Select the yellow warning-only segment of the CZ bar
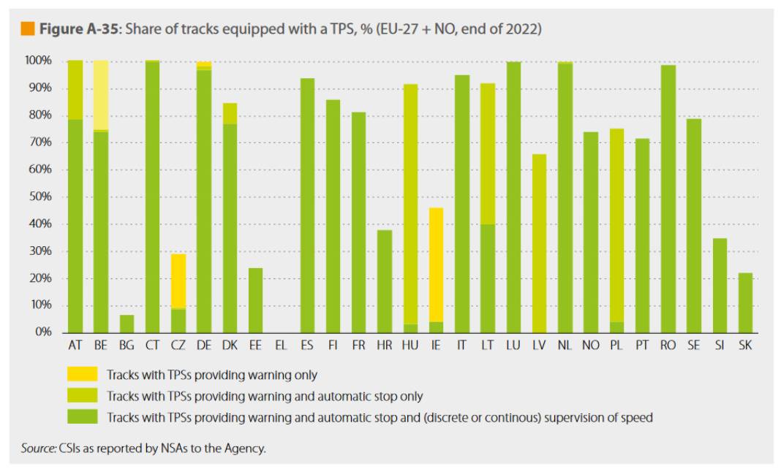(178, 281)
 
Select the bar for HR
(384, 281)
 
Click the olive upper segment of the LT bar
(487, 153)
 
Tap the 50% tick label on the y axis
(41, 197)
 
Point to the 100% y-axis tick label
(39, 61)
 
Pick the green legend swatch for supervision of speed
(81, 417)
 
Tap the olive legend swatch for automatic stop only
(81, 397)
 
